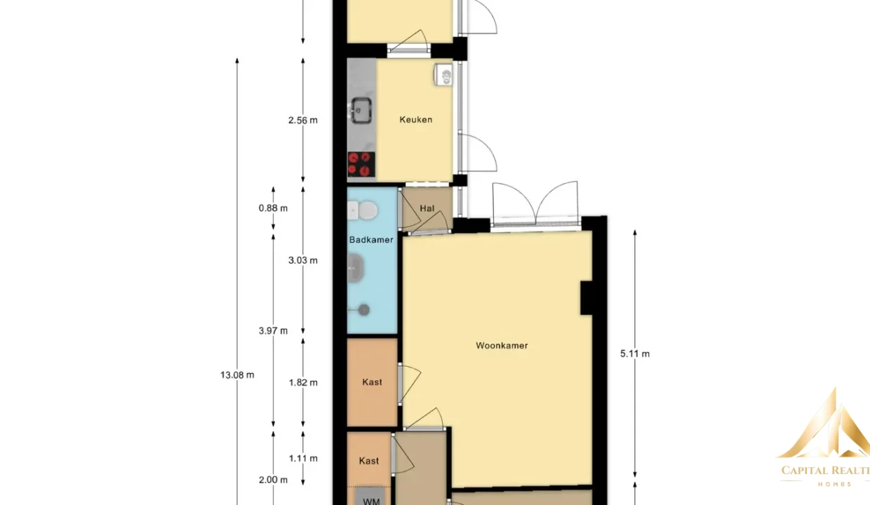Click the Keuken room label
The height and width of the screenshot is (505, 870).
click(415, 119)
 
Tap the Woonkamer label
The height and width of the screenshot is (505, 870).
click(502, 346)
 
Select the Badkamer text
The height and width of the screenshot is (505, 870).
click(371, 240)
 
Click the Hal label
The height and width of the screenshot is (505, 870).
click(427, 208)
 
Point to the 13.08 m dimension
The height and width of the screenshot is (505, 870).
click(237, 375)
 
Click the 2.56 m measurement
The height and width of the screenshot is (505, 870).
click(303, 121)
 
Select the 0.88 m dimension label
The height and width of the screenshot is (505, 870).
click(273, 208)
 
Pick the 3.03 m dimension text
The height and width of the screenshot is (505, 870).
click(303, 260)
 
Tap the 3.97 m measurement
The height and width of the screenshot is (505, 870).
click(273, 331)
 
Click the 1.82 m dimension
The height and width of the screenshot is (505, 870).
click(303, 383)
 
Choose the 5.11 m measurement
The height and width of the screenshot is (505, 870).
click(635, 353)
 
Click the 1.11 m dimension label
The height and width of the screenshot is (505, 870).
click(303, 459)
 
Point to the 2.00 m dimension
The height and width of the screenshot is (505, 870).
click(273, 480)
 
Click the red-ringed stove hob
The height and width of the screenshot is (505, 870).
click(361, 164)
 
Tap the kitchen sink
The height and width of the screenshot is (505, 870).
click(361, 111)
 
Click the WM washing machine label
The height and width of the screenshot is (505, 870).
click(371, 501)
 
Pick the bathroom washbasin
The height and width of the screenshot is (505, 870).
click(355, 268)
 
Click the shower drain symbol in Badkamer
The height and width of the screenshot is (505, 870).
click(364, 310)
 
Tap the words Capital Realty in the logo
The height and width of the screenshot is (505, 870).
click(825, 471)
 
